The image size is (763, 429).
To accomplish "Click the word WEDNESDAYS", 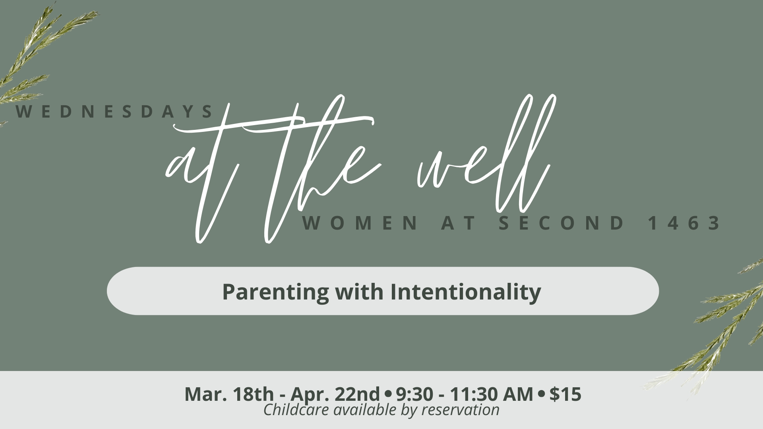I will [x=115, y=112].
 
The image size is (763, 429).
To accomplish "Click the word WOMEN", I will [x=360, y=224].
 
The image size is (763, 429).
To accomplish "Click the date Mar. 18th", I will [x=229, y=394].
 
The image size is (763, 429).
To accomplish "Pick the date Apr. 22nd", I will [x=335, y=394].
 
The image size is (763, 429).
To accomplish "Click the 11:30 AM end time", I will [x=491, y=394].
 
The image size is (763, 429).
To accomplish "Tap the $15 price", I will [x=565, y=394].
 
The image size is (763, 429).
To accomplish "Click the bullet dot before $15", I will [x=541, y=394].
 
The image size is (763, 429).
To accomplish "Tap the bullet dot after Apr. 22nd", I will [x=388, y=394].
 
